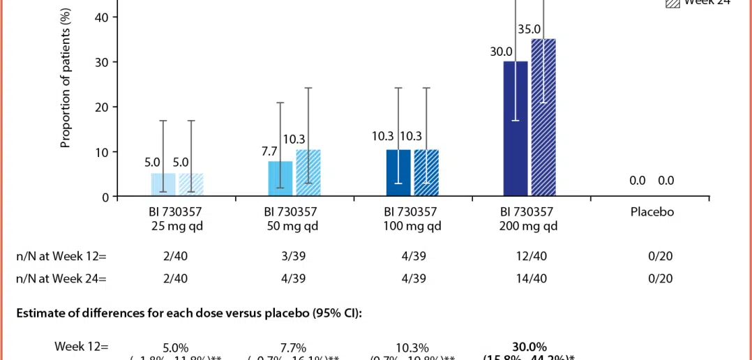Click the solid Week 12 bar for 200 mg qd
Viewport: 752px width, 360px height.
[x=516, y=129]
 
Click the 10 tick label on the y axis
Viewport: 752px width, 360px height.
[x=102, y=152]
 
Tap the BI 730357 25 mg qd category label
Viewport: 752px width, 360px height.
[x=174, y=218]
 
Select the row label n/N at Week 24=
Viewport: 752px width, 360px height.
[x=61, y=278]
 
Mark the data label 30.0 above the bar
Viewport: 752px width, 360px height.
[x=502, y=52]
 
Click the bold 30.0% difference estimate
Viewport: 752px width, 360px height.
[x=529, y=347]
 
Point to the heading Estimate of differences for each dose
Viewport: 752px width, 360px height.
[x=188, y=313]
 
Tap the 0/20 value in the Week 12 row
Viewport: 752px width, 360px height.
[x=660, y=256]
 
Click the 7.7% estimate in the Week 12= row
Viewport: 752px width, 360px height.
[x=293, y=347]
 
